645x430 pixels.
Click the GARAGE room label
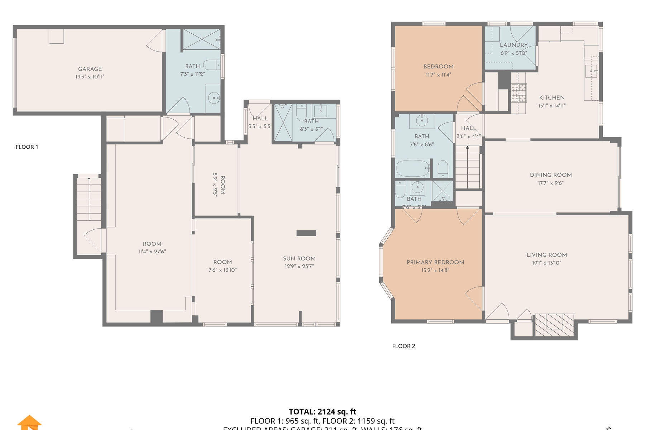[x=90, y=69]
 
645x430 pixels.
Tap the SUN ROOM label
[x=299, y=258]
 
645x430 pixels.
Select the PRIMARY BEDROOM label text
[x=435, y=262]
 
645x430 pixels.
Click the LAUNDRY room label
[x=513, y=45]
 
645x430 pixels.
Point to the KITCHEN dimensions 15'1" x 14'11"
[x=552, y=106]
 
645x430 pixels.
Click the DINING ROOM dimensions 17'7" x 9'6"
[x=551, y=183]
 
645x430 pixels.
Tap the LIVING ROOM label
[x=546, y=255]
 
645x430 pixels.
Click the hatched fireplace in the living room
[x=554, y=325]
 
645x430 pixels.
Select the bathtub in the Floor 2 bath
[x=413, y=168]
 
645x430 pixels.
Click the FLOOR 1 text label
[x=27, y=147]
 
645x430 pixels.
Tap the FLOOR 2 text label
[x=403, y=346]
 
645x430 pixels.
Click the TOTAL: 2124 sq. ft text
[x=322, y=412]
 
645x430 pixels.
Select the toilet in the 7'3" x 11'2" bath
[x=212, y=65]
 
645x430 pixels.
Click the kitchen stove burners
[x=519, y=93]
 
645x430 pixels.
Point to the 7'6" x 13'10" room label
[x=223, y=266]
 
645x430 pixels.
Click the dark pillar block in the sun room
[x=306, y=233]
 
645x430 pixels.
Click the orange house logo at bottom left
[x=29, y=422]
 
